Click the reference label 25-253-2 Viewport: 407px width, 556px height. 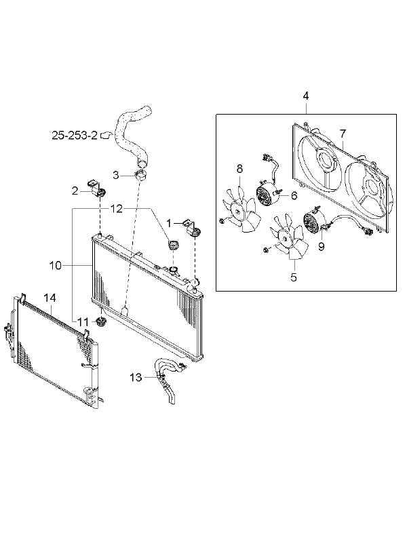pyautogui.click(x=75, y=136)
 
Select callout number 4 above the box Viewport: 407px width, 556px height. pyautogui.click(x=305, y=96)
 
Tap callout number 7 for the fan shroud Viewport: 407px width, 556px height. pyautogui.click(x=343, y=134)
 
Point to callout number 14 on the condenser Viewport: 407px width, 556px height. pyautogui.click(x=50, y=298)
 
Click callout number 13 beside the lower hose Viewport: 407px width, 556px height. pyautogui.click(x=136, y=378)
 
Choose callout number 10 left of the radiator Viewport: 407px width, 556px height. pyautogui.click(x=56, y=265)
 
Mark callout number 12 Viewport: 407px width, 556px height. pyautogui.click(x=116, y=209)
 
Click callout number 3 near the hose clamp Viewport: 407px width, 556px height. pyautogui.click(x=116, y=175)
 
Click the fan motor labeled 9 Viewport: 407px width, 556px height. pyautogui.click(x=315, y=220)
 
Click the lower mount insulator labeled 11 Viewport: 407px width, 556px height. pyautogui.click(x=102, y=323)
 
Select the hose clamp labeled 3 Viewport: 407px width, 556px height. pyautogui.click(x=142, y=175)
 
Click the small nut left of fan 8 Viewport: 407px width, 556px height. pyautogui.click(x=221, y=222)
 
